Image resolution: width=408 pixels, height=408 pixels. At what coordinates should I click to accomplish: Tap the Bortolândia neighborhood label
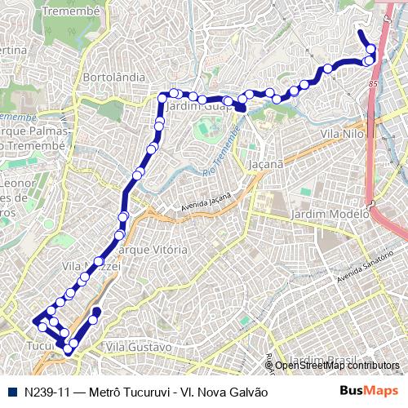[x=114, y=77]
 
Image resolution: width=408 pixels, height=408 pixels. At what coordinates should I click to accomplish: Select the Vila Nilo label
[x=342, y=133]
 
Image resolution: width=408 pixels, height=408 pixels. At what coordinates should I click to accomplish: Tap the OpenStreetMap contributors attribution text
[x=336, y=366]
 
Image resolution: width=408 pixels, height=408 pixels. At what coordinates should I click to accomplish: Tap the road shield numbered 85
[x=373, y=83]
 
